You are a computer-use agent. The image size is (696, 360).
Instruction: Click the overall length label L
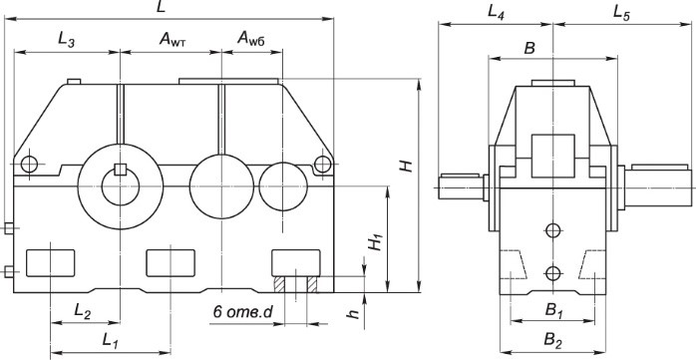tap(162, 7)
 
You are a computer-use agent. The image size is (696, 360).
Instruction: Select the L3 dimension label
tap(67, 40)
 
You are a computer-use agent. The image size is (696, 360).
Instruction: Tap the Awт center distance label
tap(173, 40)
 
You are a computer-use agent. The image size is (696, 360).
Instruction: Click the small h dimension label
tap(353, 314)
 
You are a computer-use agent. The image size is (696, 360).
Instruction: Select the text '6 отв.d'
tap(242, 312)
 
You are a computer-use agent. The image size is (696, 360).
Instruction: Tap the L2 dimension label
tap(83, 312)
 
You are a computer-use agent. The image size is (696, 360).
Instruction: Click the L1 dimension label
tap(111, 341)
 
